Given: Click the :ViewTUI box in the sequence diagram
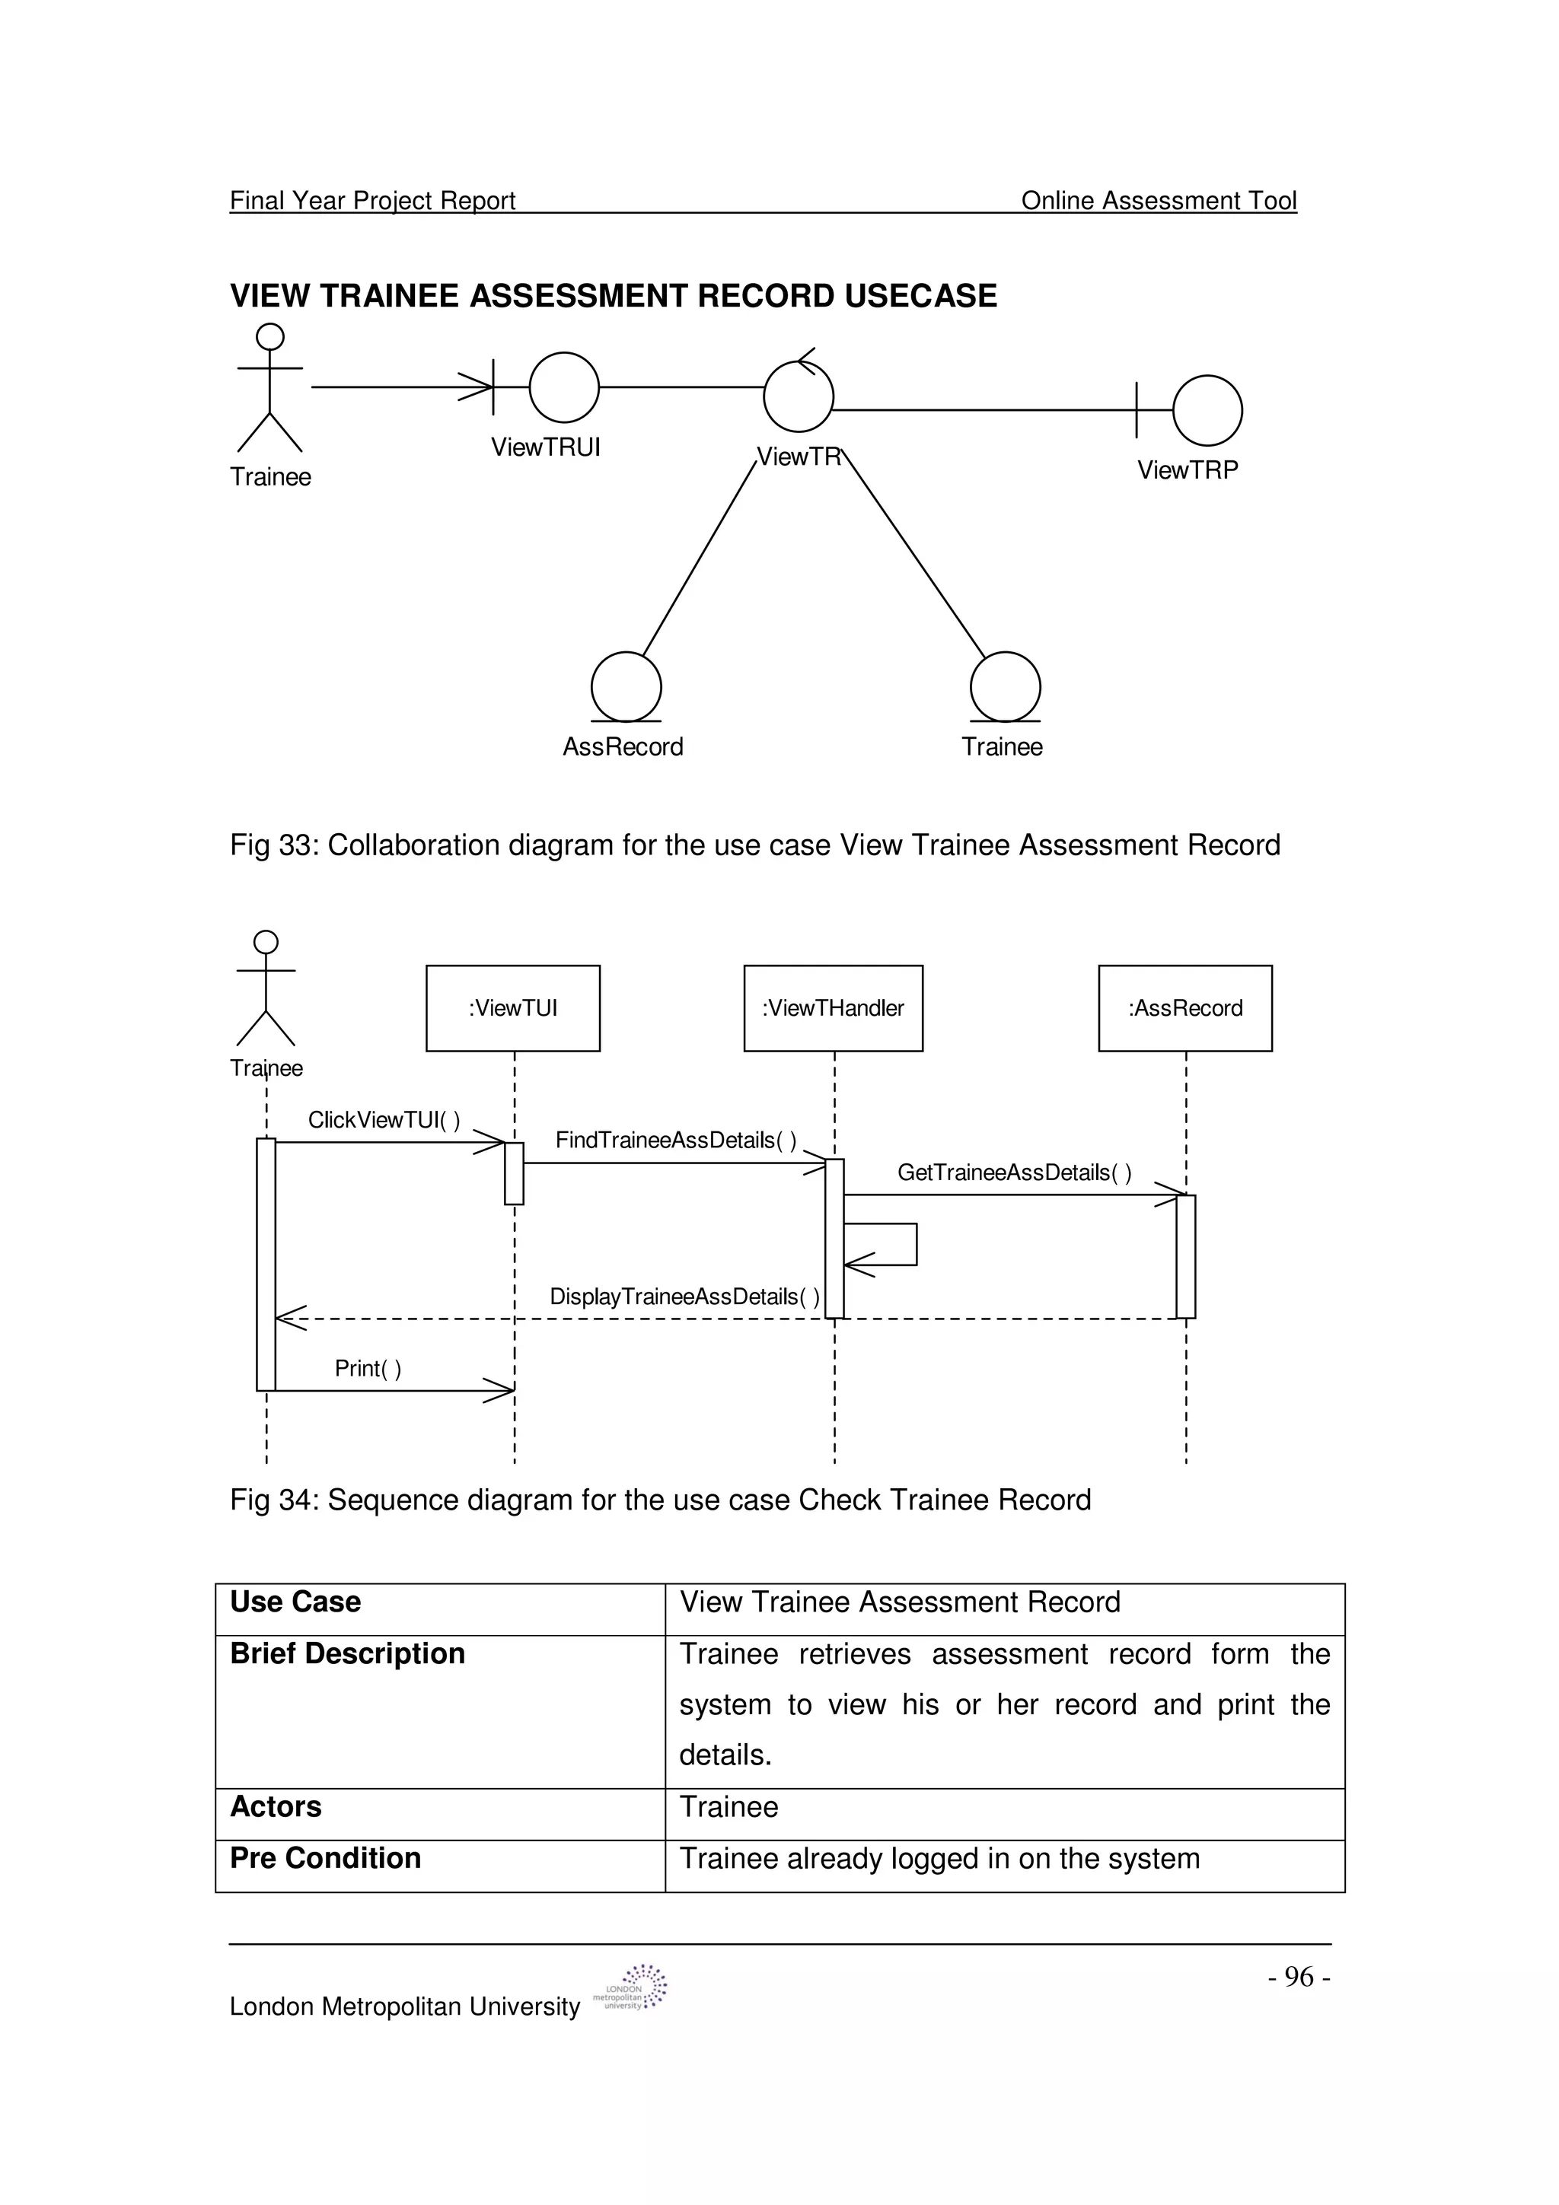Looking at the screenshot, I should (513, 1007).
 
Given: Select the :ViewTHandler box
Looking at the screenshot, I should (833, 1007).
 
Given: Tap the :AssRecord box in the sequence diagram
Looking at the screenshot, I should (1184, 1007).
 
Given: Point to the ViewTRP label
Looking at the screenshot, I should (1188, 469).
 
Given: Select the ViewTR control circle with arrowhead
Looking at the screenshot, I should (799, 395).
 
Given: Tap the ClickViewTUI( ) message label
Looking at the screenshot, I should (383, 1120).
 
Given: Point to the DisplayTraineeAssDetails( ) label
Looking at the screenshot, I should (684, 1297).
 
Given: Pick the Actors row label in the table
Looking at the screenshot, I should (276, 1806).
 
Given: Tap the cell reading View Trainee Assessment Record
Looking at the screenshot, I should (899, 1602).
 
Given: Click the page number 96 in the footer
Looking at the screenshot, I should (1299, 1977).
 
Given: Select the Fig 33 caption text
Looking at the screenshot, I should (754, 845).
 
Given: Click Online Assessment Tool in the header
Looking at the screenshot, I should (1158, 201).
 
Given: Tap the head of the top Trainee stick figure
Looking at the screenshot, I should (271, 336).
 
